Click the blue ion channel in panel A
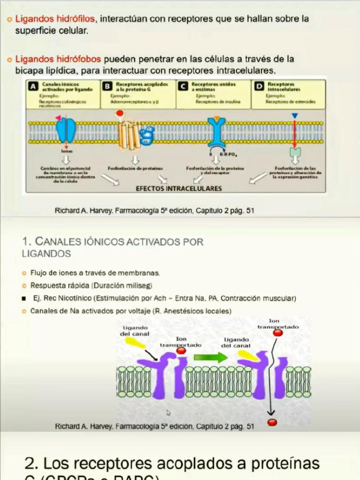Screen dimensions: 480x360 (66, 131)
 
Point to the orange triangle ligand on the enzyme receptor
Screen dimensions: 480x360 (216, 116)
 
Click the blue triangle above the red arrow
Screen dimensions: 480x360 (294, 115)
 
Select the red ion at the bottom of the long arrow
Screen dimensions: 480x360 (272, 422)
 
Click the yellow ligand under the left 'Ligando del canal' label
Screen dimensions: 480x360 (135, 342)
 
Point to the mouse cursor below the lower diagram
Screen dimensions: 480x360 (168, 413)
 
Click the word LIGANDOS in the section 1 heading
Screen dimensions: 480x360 (46, 254)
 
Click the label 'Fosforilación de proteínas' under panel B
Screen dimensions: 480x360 (135, 168)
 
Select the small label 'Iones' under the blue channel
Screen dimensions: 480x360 (67, 151)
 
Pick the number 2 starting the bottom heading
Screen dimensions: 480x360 (31, 464)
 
